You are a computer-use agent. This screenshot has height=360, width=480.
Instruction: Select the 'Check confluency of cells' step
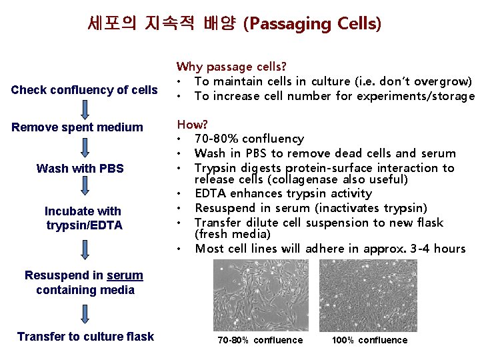click(84, 90)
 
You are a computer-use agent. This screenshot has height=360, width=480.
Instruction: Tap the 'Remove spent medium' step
click(77, 127)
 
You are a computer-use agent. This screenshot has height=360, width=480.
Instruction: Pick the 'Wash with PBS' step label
click(80, 168)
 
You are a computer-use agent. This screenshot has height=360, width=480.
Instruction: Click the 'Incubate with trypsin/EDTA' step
click(83, 218)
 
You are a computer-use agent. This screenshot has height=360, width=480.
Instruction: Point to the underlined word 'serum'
click(125, 275)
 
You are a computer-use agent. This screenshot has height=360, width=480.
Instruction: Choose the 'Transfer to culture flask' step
click(85, 336)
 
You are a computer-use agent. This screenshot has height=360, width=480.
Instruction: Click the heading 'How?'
click(192, 124)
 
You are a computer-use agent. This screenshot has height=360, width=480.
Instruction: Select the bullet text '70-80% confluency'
click(249, 139)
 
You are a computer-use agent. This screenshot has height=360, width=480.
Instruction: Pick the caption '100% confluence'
click(369, 340)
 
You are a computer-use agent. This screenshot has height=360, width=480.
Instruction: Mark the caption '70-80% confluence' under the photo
click(260, 340)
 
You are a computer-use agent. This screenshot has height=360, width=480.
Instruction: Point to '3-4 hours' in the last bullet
click(441, 249)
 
